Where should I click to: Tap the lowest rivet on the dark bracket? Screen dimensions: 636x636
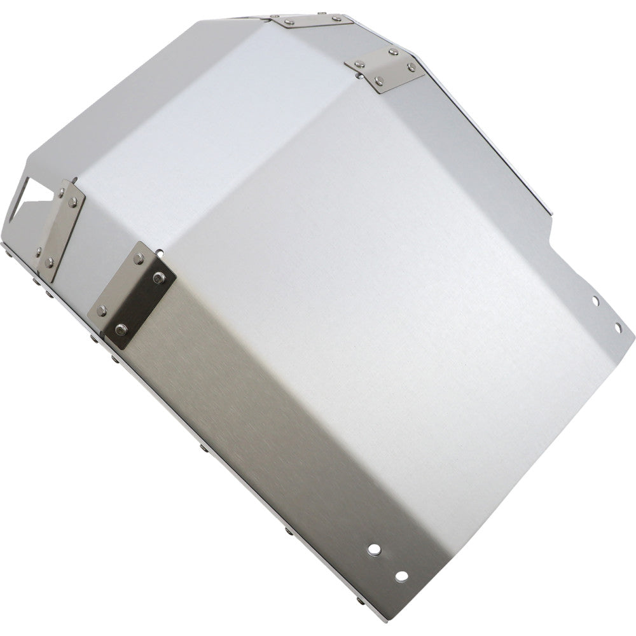coord(121,329)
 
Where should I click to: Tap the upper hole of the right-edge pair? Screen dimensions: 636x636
coord(595,300)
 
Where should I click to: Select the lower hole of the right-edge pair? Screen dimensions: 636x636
coord(617,327)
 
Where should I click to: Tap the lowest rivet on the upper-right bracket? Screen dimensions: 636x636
coord(380,80)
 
